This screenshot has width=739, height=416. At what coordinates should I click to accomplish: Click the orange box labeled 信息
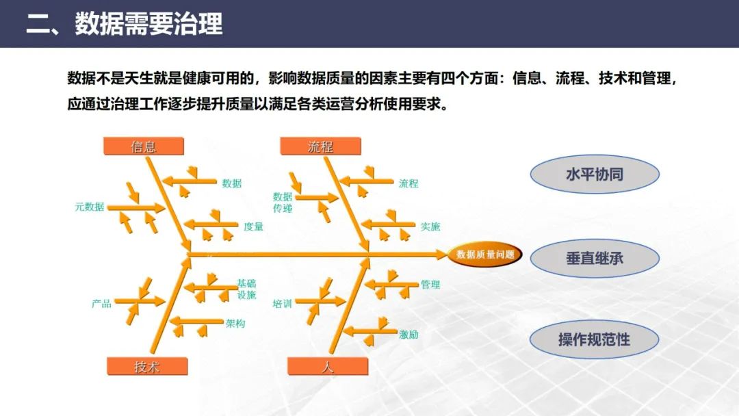[144, 146]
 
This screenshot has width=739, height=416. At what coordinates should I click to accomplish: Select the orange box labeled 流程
[320, 146]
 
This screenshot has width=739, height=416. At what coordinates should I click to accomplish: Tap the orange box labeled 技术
[146, 367]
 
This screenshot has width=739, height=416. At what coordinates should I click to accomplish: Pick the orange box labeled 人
[327, 367]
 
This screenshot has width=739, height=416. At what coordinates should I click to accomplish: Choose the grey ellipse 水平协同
[594, 174]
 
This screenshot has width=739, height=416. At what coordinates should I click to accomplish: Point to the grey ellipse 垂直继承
[594, 259]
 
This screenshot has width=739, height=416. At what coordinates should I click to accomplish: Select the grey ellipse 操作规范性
[594, 339]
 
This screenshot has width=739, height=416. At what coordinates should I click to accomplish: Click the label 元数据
[90, 207]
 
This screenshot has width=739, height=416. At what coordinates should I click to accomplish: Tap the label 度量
[253, 226]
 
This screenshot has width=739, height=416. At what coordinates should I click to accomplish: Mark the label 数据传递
[283, 203]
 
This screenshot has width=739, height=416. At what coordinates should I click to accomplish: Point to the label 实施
[430, 226]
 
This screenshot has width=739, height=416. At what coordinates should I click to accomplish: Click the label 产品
[101, 303]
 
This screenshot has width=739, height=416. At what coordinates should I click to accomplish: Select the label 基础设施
[246, 289]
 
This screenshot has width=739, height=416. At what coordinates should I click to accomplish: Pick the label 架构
[235, 324]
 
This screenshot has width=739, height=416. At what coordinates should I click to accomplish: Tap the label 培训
[282, 303]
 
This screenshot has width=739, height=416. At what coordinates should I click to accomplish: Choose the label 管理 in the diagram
[430, 285]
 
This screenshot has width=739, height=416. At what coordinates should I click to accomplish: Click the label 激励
[409, 335]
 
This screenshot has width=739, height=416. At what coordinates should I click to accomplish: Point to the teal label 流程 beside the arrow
[409, 183]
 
